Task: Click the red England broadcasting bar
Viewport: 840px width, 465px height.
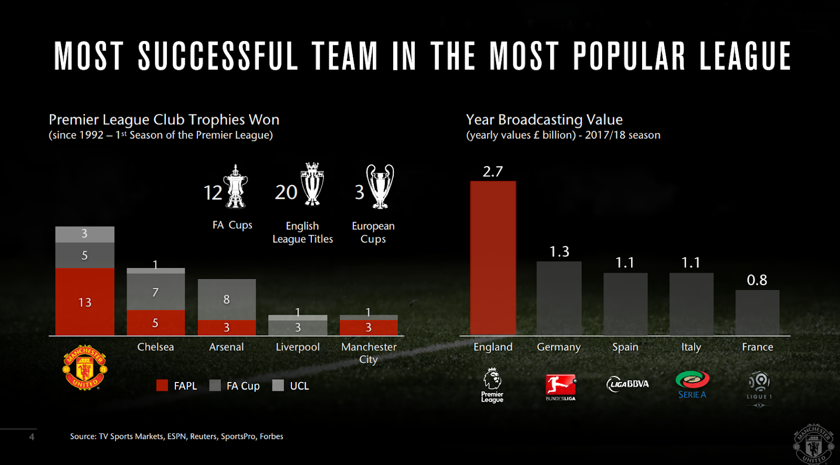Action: (493, 257)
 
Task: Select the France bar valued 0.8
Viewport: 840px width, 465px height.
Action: (757, 312)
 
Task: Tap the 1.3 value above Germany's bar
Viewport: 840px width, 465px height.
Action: (559, 252)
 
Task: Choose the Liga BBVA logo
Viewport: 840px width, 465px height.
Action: (627, 384)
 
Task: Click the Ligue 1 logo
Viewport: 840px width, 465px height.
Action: (759, 389)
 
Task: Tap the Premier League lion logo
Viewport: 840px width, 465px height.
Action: (492, 385)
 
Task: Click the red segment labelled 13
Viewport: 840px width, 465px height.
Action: (85, 302)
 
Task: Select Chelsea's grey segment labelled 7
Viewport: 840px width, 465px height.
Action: (155, 292)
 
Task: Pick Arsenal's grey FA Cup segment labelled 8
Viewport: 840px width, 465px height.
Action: (226, 299)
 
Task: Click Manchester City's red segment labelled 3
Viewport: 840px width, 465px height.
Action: (369, 327)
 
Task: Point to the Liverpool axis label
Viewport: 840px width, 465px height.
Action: (298, 347)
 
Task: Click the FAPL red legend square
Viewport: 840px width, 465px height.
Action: (162, 386)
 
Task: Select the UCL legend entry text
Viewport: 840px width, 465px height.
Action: (299, 386)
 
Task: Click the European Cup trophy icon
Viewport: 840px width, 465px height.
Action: (380, 187)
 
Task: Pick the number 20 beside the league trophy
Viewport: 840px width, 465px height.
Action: (286, 192)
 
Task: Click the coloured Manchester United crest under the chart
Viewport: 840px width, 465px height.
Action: (85, 367)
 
